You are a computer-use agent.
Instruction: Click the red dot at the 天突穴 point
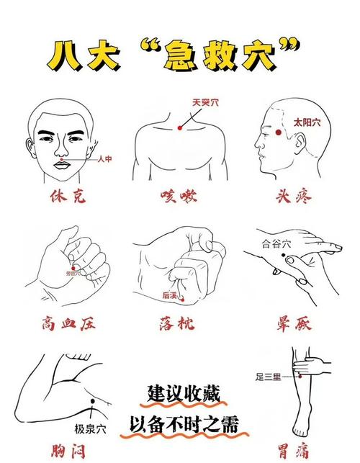[x=180, y=127]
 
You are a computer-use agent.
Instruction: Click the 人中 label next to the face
[x=104, y=159]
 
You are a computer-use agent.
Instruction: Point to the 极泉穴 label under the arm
[x=90, y=429]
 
